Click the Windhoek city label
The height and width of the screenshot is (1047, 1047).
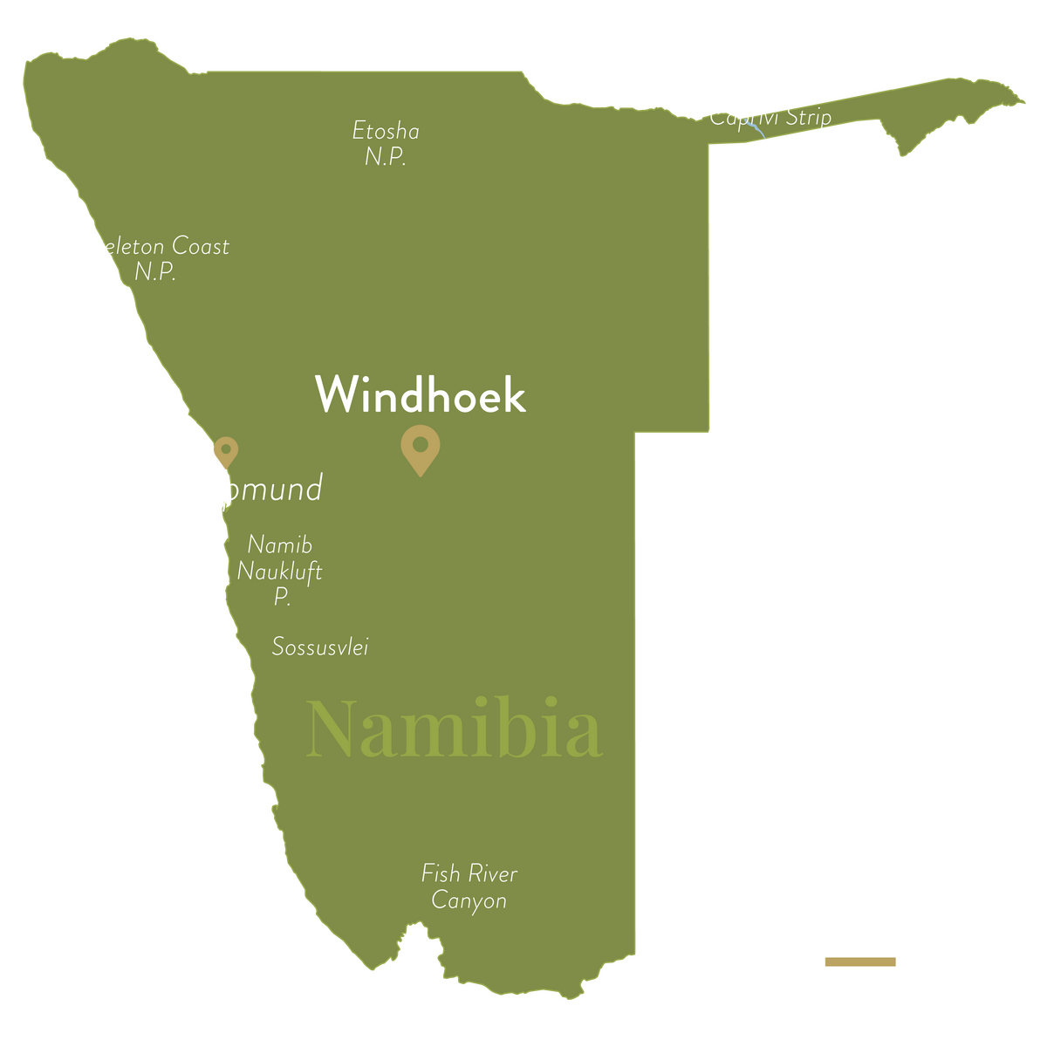pos(420,395)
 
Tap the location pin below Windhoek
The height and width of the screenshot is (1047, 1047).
pos(420,448)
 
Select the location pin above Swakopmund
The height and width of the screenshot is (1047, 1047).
pos(225,453)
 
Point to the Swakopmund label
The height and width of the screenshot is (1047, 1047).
pos(226,488)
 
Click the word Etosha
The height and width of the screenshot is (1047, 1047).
pos(386,132)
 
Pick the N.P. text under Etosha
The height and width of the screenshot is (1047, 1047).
pos(386,158)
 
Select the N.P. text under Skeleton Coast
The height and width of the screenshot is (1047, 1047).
pos(155,272)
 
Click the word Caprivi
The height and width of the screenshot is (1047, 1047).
pos(742,116)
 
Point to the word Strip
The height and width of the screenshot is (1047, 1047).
pos(808,118)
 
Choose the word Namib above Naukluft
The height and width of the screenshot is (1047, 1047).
pos(279,545)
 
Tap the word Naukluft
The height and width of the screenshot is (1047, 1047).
pos(279,572)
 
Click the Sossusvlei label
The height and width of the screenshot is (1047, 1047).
pos(320,647)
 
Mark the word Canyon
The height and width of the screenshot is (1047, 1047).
pos(469,900)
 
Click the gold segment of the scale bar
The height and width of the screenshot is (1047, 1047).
pos(859,961)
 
